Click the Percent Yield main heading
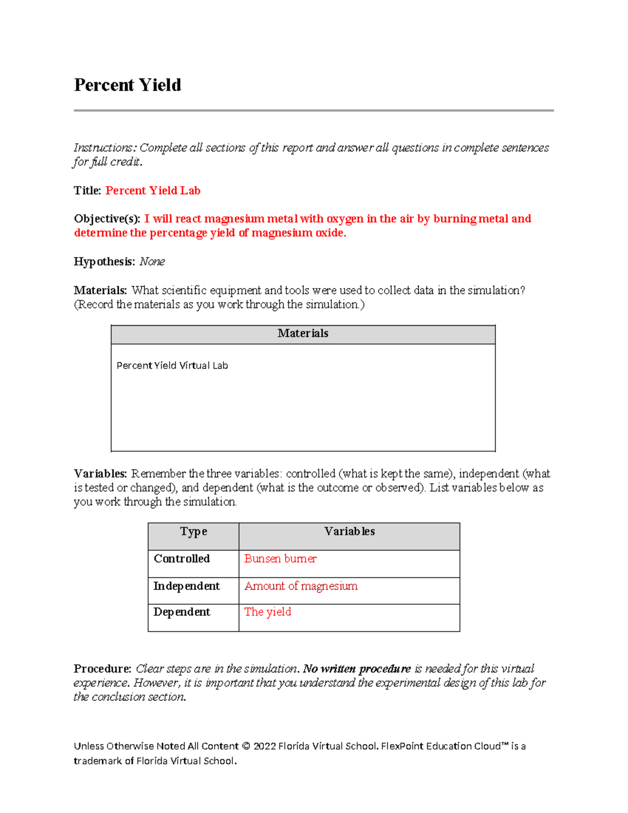(127, 85)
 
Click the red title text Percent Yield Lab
(153, 191)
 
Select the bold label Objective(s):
(107, 219)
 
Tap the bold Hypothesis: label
(104, 261)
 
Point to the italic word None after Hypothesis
(152, 261)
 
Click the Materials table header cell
(302, 333)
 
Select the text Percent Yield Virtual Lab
(172, 365)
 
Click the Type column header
(193, 532)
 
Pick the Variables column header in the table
(349, 532)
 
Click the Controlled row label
(182, 559)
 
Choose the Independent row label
(186, 586)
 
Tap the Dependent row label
(182, 612)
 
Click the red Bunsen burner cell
(280, 559)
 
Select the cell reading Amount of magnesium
(301, 586)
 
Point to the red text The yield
(267, 612)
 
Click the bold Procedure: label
(102, 669)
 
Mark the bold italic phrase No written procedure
(357, 669)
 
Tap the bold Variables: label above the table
(100, 474)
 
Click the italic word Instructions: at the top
(105, 148)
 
